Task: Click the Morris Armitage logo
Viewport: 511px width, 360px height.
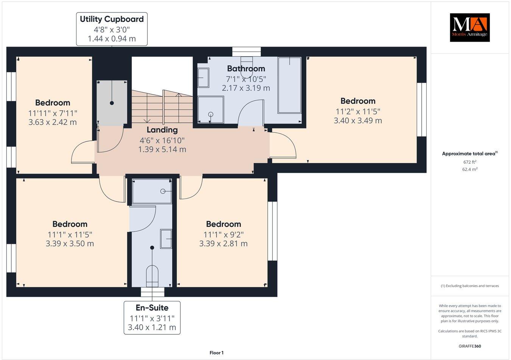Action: (x=469, y=27)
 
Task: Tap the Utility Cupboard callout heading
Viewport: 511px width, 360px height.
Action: (x=112, y=19)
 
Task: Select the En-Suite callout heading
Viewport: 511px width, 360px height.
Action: (x=152, y=308)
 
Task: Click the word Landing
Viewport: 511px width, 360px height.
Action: (x=162, y=130)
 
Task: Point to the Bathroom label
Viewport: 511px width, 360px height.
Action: (x=246, y=68)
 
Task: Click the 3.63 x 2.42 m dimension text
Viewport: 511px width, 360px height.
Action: (x=53, y=122)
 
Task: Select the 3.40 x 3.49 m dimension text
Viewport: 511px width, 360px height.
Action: (x=358, y=121)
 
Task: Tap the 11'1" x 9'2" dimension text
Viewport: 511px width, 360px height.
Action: (x=223, y=234)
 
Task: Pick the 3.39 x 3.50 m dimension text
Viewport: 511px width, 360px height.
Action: (x=70, y=244)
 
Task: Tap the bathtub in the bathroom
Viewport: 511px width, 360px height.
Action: (x=290, y=85)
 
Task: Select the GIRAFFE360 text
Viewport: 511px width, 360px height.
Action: (x=470, y=346)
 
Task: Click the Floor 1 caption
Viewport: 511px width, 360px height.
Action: (x=217, y=353)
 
